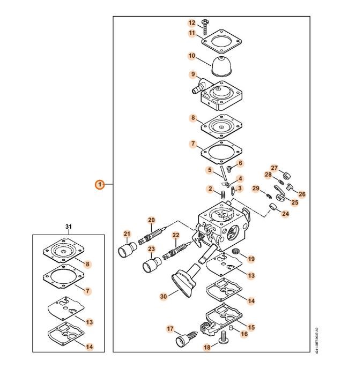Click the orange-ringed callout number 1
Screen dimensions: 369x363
[x=100, y=185]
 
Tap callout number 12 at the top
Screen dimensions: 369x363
[x=191, y=22]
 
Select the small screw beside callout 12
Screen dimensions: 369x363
[x=205, y=24]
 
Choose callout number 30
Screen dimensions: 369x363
[x=164, y=296]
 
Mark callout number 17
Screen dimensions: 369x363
[x=171, y=329]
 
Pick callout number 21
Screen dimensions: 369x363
[x=127, y=234]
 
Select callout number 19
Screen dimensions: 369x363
[x=251, y=259]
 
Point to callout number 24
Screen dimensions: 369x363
[x=285, y=214]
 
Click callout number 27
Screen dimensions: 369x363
[x=274, y=168]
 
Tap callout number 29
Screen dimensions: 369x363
[x=256, y=188]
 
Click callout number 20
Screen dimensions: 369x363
[x=151, y=220]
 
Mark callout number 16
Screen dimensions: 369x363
[x=244, y=334]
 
